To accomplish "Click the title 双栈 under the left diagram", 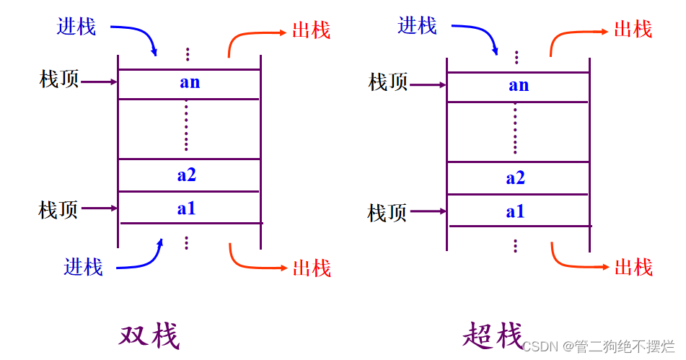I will coord(149,335).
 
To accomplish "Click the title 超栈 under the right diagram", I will coord(492,335).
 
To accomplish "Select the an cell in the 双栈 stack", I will coord(189,83).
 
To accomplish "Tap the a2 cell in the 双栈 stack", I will coord(188,175).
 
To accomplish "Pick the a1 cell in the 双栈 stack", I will coord(187,208).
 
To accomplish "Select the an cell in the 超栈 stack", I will coord(519,86).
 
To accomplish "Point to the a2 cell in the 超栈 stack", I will coord(516,178).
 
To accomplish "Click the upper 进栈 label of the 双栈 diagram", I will coord(76,27).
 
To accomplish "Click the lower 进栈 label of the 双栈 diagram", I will coord(83,267).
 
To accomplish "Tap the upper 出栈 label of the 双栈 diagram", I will coord(312,30).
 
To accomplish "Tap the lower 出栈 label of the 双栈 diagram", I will coord(312,268).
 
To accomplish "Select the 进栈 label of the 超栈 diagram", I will coord(418,27).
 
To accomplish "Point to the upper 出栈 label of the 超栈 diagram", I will coord(633,30).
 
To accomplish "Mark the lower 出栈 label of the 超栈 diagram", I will coord(633,268).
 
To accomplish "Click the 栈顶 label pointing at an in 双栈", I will coord(58,79).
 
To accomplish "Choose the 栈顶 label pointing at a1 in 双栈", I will coord(58,210).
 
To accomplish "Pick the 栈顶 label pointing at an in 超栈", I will coord(388,82).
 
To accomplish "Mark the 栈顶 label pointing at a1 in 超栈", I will coord(387,213).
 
